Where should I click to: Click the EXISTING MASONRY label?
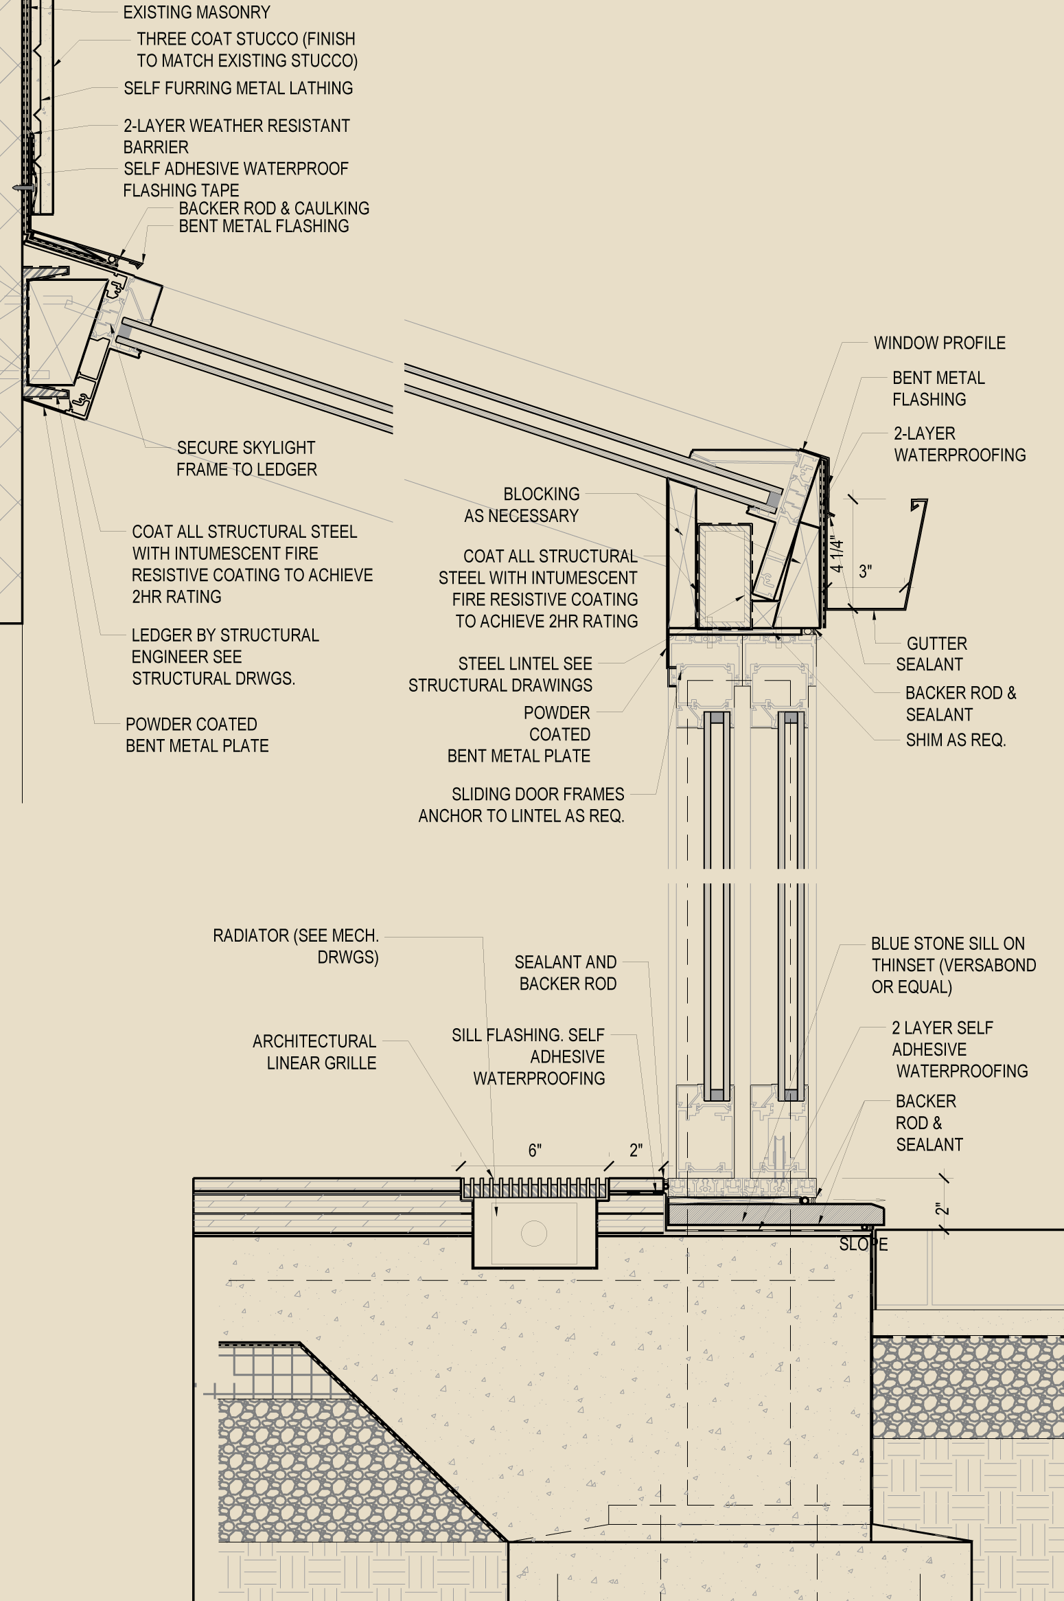point(196,12)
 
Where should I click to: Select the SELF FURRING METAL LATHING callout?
point(238,88)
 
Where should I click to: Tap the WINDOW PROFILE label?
point(939,343)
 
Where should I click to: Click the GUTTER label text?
point(936,644)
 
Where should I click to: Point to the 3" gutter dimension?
point(865,571)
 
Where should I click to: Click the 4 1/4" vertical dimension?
point(837,554)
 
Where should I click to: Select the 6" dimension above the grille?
point(535,1150)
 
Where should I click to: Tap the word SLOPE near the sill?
point(864,1244)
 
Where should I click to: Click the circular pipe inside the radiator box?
point(534,1233)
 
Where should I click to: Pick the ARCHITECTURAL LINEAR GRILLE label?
point(314,1052)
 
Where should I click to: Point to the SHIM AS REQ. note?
point(956,740)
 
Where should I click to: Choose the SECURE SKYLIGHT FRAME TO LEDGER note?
point(246,459)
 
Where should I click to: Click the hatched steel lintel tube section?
point(724,576)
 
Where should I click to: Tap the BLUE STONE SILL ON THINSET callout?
point(953,965)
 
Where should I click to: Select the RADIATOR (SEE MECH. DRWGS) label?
point(296,946)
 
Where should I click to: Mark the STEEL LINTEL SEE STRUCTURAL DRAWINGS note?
point(500,674)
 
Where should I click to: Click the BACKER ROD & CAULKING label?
point(274,208)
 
